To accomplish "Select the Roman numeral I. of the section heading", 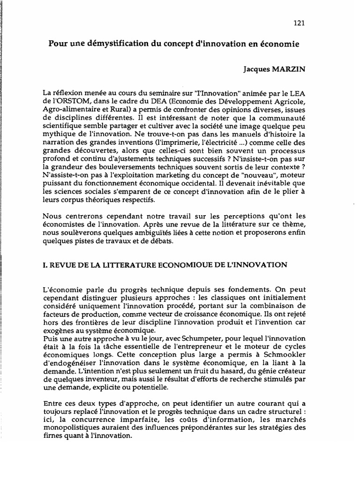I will coord(45,265).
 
